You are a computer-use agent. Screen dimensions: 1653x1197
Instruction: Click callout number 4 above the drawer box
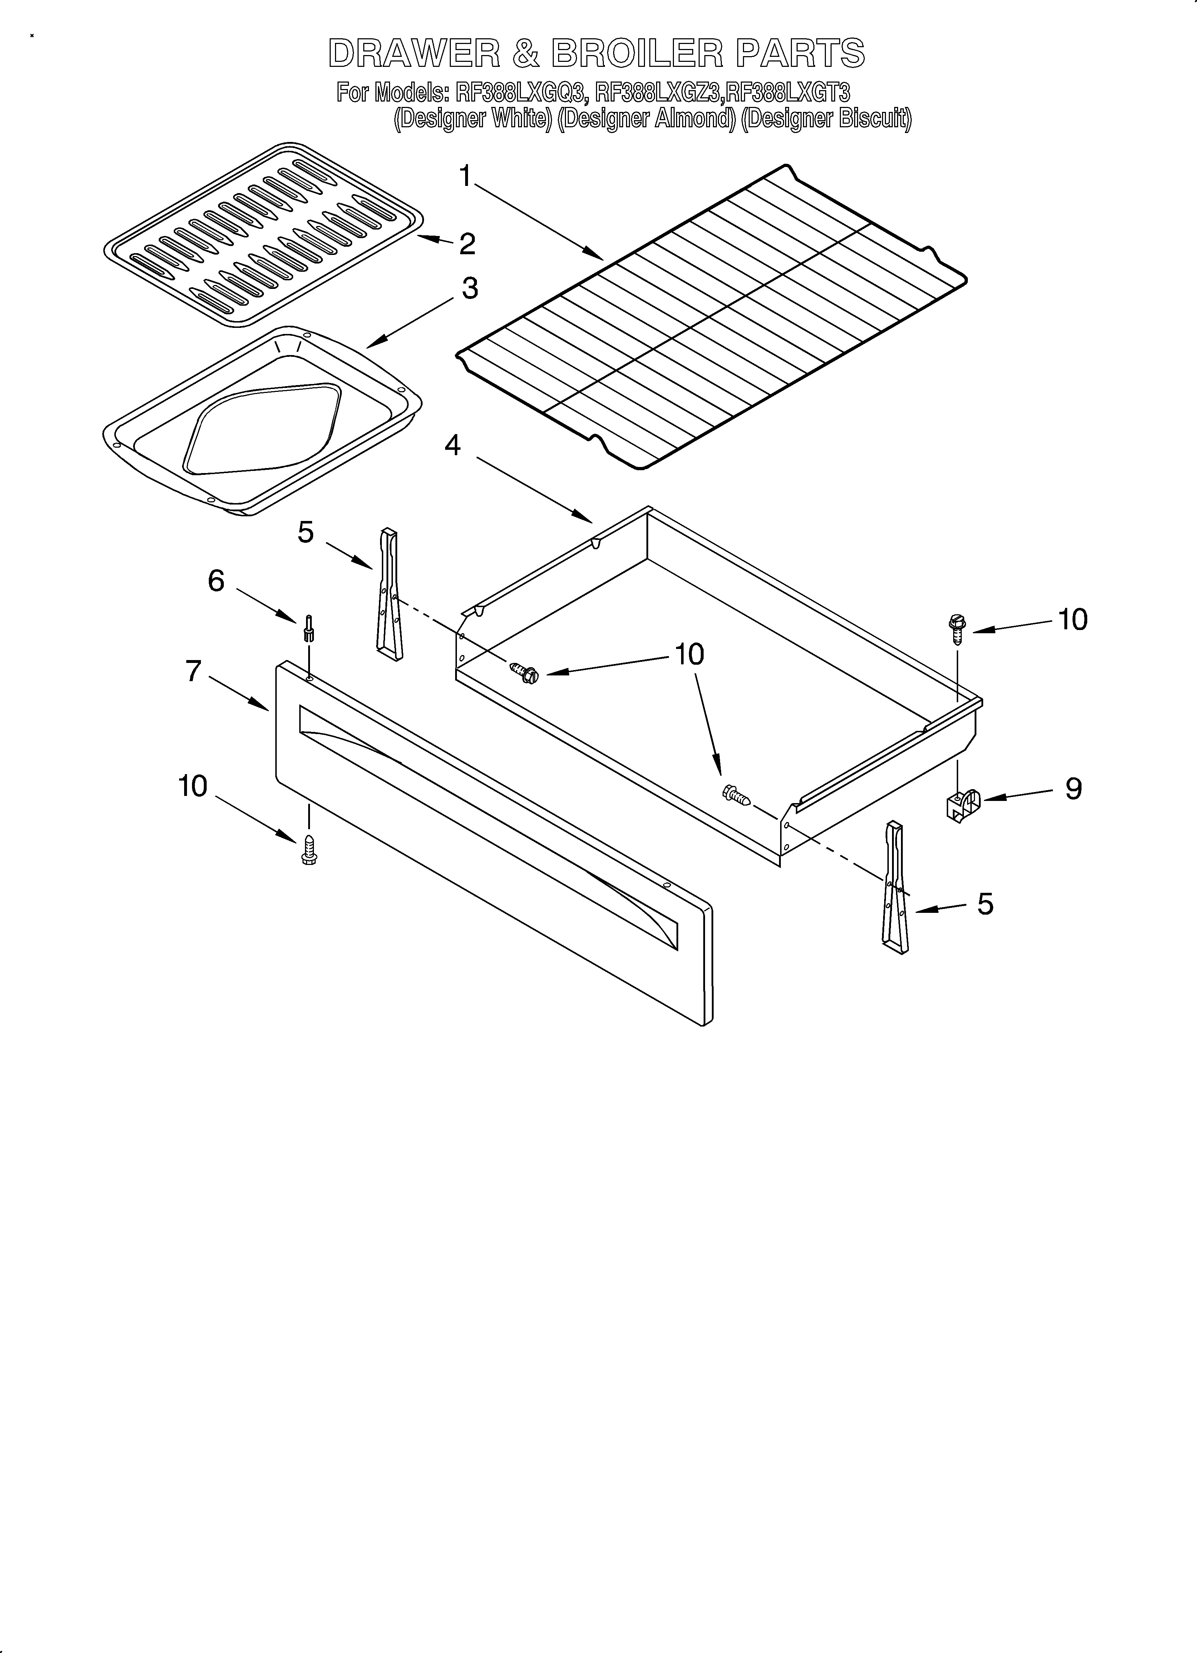click(x=453, y=444)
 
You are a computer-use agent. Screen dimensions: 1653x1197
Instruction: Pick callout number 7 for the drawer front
click(x=193, y=670)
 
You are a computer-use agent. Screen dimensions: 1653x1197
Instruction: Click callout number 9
click(x=1073, y=789)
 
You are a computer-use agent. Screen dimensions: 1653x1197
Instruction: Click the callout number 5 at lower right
click(x=985, y=904)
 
